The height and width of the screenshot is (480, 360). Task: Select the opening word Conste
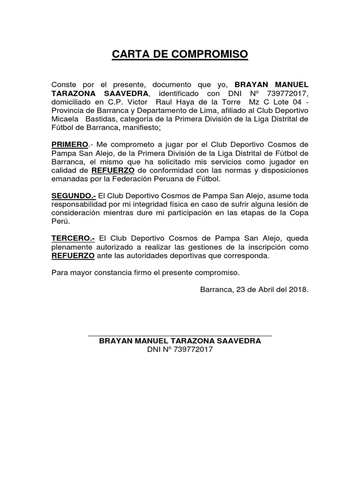(64, 84)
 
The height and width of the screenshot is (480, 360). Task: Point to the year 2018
(299, 289)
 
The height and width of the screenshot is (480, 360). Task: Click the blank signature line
(180, 335)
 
